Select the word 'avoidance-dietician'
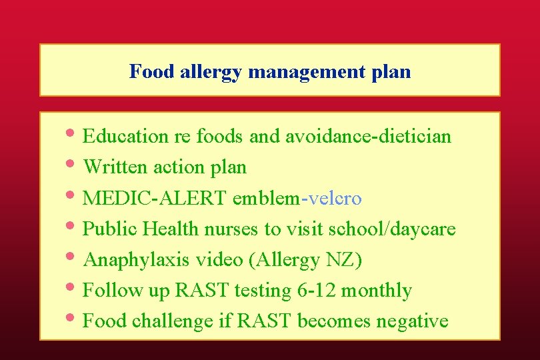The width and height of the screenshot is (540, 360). [368, 137]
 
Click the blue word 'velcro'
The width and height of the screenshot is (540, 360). [334, 199]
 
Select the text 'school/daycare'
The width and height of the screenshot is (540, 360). [392, 229]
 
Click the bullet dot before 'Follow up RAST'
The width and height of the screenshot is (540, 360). [73, 288]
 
